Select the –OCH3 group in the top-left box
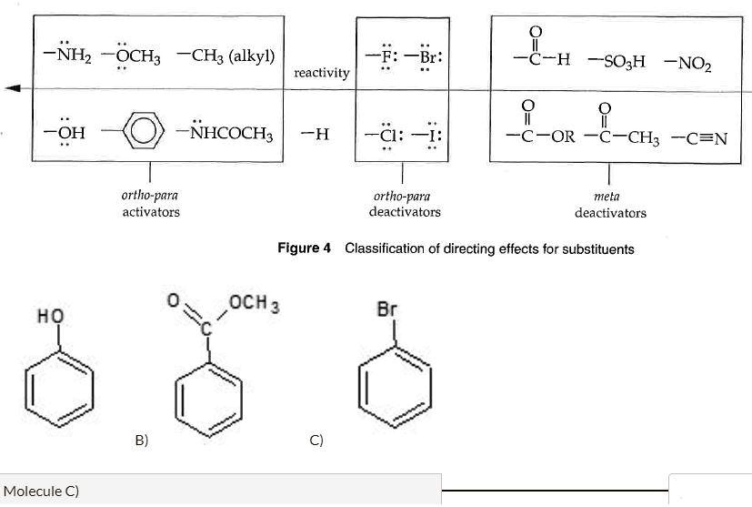coord(131,56)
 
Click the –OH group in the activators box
coord(65,135)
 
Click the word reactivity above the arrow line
coord(321,72)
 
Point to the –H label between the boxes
coord(315,136)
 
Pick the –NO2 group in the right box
coord(688,63)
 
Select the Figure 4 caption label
coord(304,248)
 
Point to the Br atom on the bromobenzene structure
coord(387,309)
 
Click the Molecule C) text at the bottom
coord(42,491)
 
